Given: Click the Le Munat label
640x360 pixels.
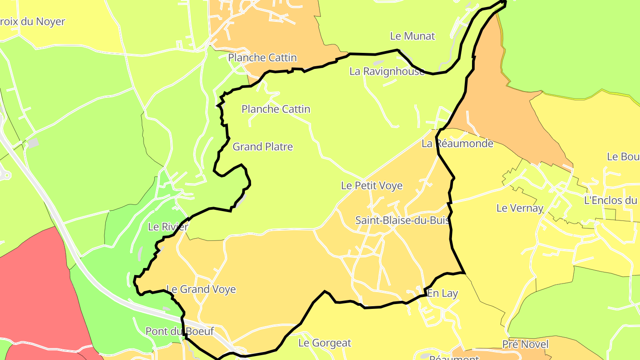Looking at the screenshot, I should tap(412, 36).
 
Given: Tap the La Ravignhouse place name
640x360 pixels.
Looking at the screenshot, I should tap(387, 71).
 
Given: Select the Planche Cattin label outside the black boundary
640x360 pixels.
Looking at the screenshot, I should tap(262, 58).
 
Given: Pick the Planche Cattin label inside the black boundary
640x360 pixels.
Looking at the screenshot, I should tap(276, 109).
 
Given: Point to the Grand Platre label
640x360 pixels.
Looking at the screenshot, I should tap(263, 147).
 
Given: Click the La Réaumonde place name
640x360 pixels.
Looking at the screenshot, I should tap(457, 144).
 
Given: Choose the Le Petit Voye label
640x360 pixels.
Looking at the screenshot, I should tap(372, 186).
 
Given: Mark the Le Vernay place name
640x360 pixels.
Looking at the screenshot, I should tap(520, 208).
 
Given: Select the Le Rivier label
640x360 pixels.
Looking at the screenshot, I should tap(168, 227).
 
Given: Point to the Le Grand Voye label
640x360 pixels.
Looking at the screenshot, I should tap(200, 289).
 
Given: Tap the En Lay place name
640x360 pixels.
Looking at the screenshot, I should tap(442, 293).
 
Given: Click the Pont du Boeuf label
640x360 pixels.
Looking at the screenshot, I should tap(180, 331).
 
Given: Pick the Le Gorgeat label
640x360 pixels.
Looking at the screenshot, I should tap(324, 343).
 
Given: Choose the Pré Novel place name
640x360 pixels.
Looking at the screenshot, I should tap(525, 344).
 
